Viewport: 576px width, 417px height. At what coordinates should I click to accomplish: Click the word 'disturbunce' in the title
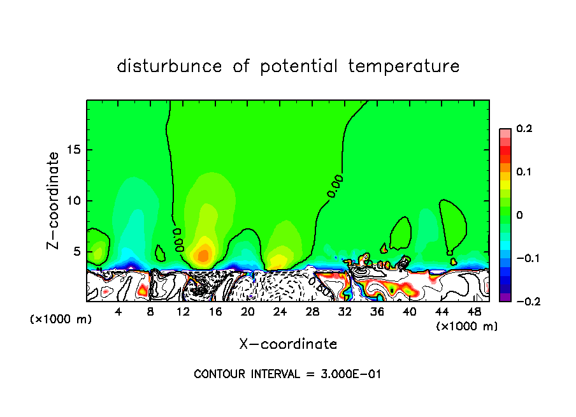pos(169,66)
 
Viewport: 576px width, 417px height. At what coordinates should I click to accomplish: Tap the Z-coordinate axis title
pos(54,200)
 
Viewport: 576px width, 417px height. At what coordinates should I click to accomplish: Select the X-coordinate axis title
pos(288,344)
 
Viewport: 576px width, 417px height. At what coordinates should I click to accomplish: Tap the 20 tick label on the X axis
pos(247,312)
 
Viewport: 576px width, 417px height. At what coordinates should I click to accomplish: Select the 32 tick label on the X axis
pos(345,312)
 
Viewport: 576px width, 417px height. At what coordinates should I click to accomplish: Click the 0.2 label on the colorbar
pos(524,129)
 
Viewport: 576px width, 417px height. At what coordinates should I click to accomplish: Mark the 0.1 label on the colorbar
pos(524,172)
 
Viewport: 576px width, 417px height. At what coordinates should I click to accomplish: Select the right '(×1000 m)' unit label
pos(466,326)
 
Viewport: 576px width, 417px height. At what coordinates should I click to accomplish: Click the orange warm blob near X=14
pos(203,256)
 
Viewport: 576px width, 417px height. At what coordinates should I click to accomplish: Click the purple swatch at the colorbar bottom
pos(505,297)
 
